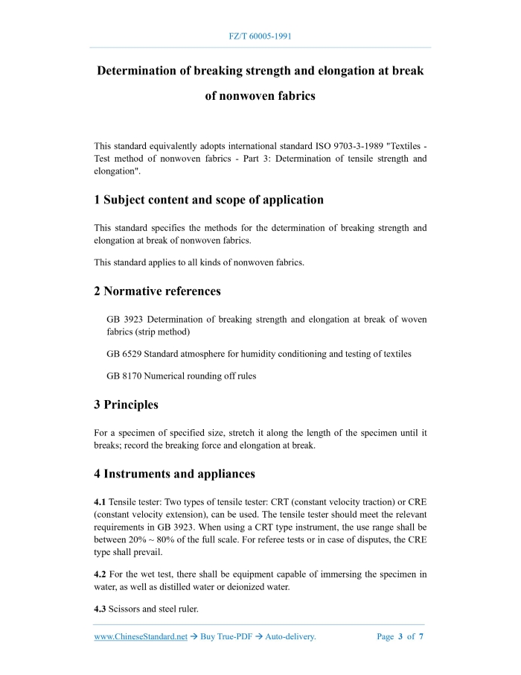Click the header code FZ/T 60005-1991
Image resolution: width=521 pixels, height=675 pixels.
point(260,36)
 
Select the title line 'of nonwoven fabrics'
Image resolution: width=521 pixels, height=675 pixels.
point(260,96)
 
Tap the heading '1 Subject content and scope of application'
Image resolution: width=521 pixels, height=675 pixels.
point(208,200)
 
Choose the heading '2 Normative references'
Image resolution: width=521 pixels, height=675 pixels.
point(157,291)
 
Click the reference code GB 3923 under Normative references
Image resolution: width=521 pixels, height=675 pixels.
point(125,320)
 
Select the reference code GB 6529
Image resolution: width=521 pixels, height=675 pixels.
point(125,354)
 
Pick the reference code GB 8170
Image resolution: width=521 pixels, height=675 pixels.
point(125,376)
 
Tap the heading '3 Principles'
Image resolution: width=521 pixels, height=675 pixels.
point(126,405)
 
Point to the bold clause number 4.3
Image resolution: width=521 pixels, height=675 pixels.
point(100,609)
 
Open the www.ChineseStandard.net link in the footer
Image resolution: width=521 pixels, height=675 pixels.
point(141,637)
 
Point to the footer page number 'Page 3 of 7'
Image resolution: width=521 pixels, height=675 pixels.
point(400,637)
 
